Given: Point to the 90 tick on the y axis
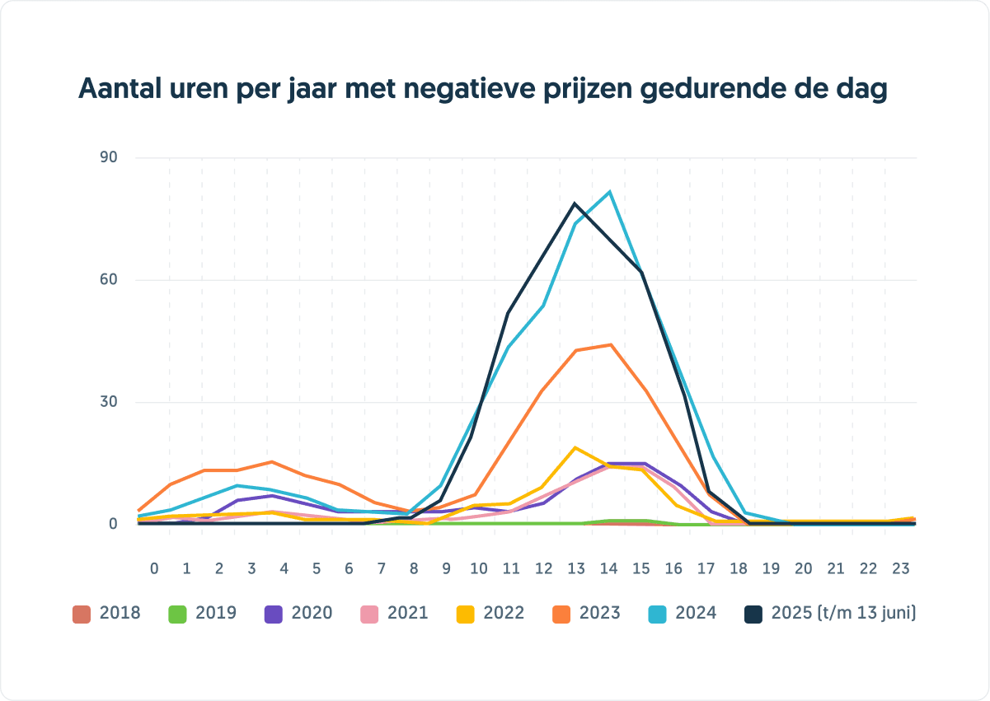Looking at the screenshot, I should (x=110, y=157).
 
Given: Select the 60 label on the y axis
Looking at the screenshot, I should (x=110, y=280).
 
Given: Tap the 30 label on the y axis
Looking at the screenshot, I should (x=110, y=402).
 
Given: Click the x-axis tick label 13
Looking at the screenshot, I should (x=576, y=568).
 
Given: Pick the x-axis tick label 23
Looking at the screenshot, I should (x=901, y=568).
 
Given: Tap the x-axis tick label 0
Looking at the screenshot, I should (x=154, y=568).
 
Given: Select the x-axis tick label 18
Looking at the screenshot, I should (x=739, y=568).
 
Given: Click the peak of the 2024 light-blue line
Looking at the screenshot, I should (x=609, y=192).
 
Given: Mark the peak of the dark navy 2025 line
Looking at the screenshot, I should (x=575, y=203).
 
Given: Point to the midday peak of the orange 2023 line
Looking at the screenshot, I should (x=610, y=344).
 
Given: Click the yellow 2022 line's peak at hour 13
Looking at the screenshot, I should (x=575, y=447).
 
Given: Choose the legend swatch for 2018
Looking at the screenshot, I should (x=82, y=614).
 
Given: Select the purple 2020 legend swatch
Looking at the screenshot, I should (x=274, y=614).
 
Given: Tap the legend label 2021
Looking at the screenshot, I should (x=407, y=614).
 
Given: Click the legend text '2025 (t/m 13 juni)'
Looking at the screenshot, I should (x=843, y=614).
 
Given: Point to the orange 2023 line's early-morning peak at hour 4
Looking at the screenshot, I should (x=270, y=462).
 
